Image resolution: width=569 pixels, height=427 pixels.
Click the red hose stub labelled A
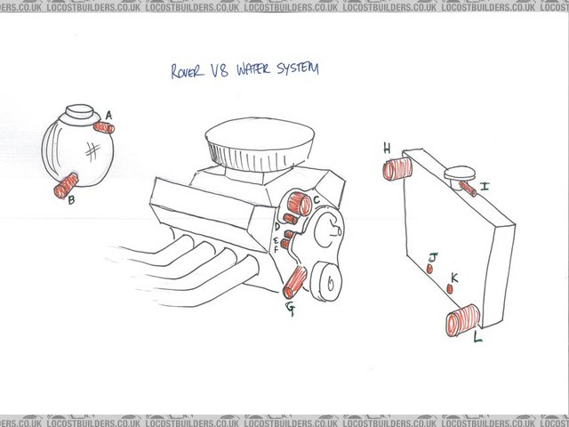(x=103, y=127)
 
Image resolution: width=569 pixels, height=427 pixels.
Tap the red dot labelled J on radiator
(x=430, y=268)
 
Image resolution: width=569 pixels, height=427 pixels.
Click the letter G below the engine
(x=290, y=309)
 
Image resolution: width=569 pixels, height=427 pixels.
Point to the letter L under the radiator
(x=477, y=338)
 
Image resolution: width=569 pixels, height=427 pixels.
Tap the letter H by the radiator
(x=387, y=148)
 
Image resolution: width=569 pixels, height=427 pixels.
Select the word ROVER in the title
(x=188, y=69)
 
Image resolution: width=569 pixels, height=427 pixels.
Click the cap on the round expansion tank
(x=80, y=113)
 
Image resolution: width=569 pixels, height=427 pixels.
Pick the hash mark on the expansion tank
(x=91, y=150)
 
